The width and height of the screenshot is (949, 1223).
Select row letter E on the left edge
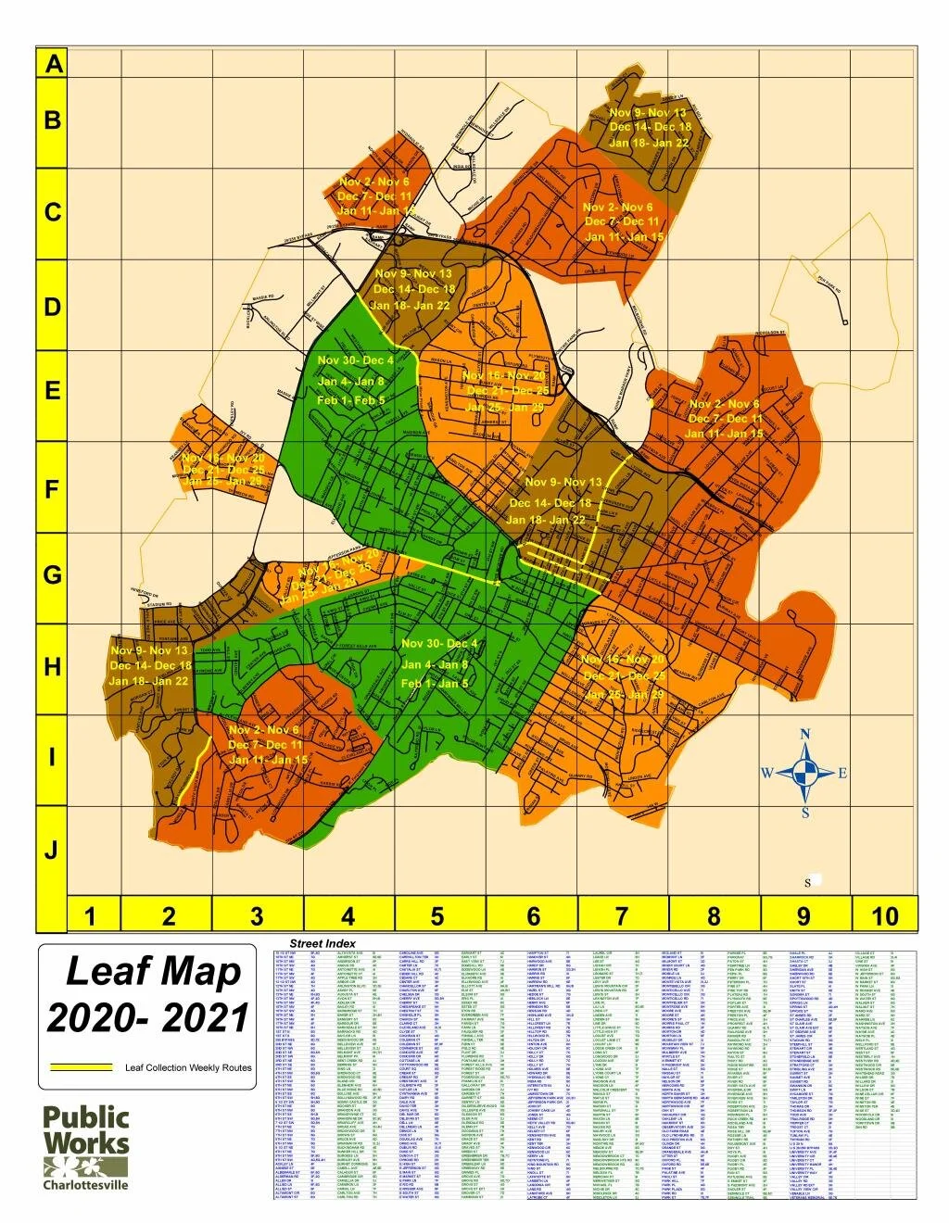coord(53,391)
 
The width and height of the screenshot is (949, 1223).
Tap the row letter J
coord(53,850)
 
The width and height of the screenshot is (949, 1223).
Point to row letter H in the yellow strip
coord(53,667)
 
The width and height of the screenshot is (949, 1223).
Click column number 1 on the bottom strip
coord(90,916)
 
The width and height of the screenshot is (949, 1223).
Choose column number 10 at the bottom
coord(884,916)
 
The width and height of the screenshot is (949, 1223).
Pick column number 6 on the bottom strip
coord(533,916)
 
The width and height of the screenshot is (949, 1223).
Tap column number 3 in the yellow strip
coord(257,916)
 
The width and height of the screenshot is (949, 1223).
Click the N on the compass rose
coord(805,735)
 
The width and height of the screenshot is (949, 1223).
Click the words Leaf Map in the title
coord(153,972)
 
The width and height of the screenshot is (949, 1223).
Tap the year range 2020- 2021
coord(148,1019)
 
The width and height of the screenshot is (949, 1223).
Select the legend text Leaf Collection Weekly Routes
coord(188,1068)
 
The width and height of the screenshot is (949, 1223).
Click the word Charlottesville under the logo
coord(86,1185)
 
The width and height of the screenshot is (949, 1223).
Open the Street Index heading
coord(323,943)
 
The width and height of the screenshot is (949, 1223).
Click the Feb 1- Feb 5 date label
coord(350,400)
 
